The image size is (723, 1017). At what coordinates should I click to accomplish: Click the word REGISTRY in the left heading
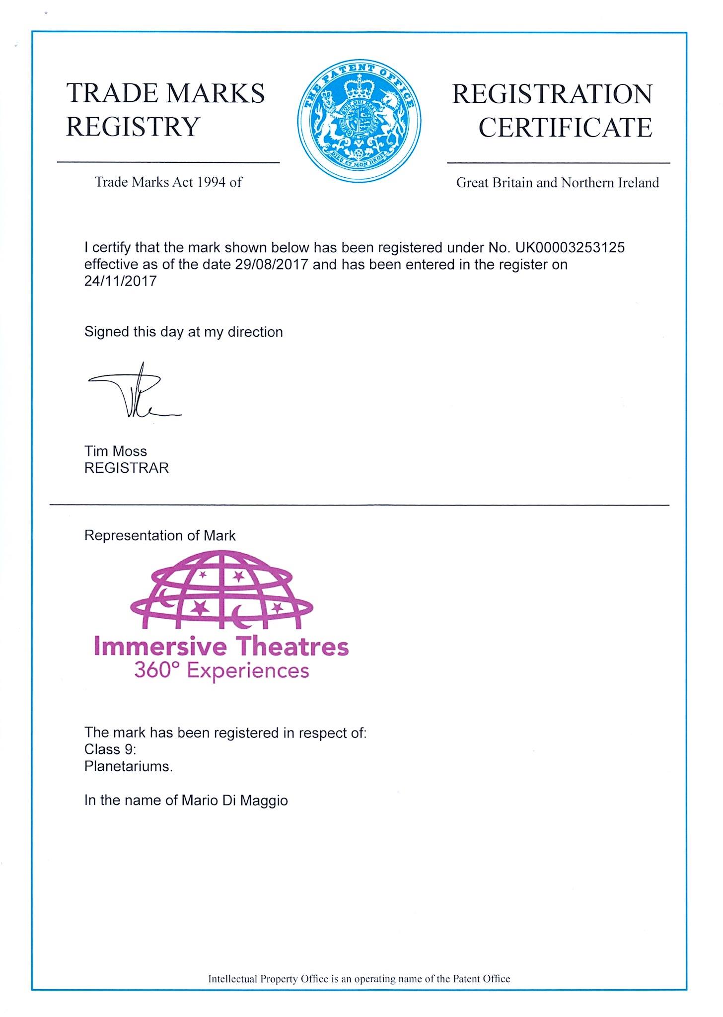coord(133,127)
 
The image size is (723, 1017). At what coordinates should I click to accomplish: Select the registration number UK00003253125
coord(570,247)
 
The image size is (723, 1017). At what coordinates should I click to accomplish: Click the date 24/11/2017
coord(121,281)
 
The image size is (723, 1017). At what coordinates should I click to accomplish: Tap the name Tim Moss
coord(116,451)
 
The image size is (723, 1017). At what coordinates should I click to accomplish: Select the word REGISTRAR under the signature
coord(127,468)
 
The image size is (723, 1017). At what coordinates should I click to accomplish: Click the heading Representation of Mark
coord(160,535)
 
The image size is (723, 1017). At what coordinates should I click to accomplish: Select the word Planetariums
coord(129,766)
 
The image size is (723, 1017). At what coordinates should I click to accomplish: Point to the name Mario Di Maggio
coord(234,800)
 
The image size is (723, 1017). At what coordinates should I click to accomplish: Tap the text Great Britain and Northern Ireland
coord(558,183)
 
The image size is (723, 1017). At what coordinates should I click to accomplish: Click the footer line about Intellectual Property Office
coord(359,979)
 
